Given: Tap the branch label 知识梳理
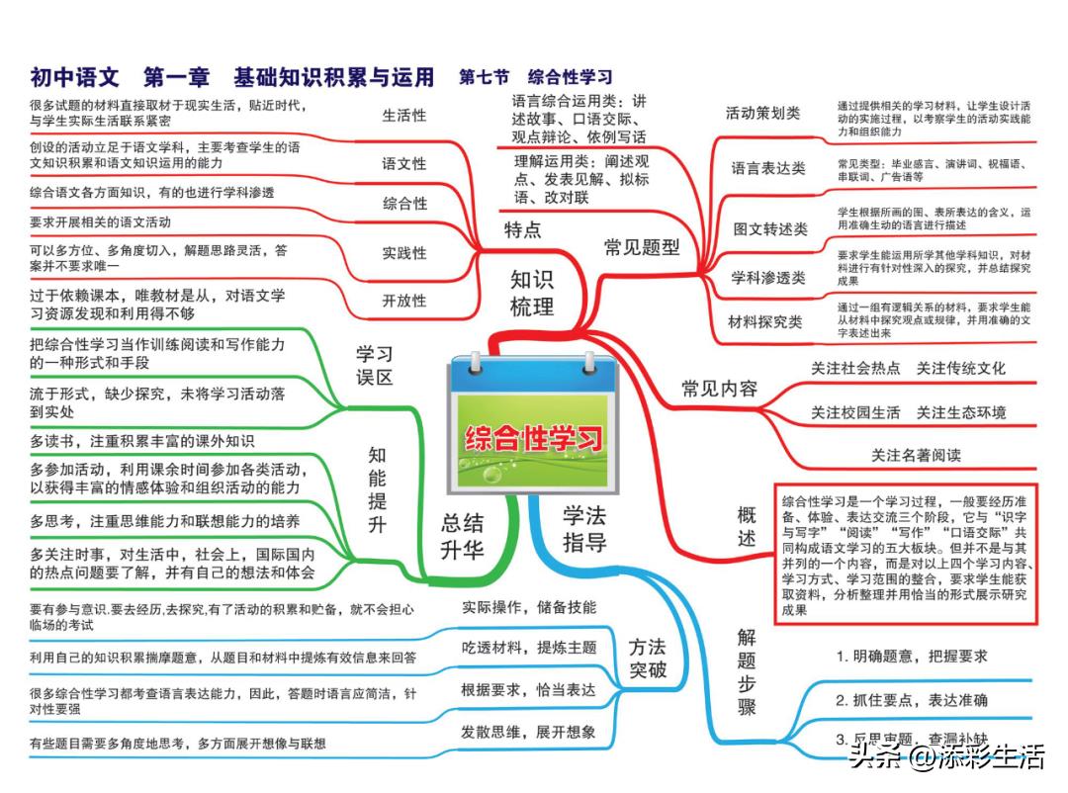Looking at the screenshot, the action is [532, 293].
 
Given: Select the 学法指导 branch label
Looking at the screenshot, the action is [584, 529].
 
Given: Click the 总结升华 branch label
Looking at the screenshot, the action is [462, 536].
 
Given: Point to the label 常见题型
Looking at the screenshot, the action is [642, 247].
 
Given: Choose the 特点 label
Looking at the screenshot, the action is [522, 229].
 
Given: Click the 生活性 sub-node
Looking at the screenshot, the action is [403, 116].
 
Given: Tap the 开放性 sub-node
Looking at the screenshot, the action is [403, 301].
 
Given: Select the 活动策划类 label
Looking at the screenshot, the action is [762, 113].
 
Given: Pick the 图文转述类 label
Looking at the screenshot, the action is [770, 229].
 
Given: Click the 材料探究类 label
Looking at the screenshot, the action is [764, 321].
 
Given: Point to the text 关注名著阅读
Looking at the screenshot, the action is [916, 455].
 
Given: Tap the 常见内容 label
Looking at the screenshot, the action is [720, 389].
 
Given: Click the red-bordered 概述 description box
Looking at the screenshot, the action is [906, 554].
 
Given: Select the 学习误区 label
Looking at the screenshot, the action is [375, 365].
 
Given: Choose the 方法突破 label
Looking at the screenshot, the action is [647, 659].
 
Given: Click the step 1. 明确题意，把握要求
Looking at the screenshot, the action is [912, 657].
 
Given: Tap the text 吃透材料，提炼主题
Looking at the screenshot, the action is [529, 648].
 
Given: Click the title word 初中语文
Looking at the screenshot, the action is [74, 77].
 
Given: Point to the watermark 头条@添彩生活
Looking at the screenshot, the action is [946, 756].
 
